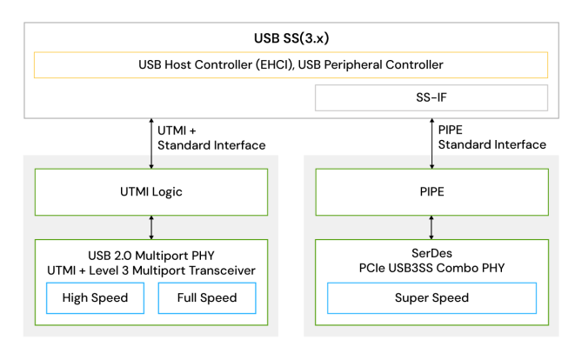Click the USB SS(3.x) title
pyautogui.click(x=291, y=40)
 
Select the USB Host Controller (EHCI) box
pyautogui.click(x=291, y=65)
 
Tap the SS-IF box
pyautogui.click(x=431, y=97)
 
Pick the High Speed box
pyautogui.click(x=95, y=297)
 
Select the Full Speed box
pyautogui.click(x=208, y=297)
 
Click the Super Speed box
pyautogui.click(x=431, y=297)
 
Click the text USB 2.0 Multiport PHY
pyautogui.click(x=152, y=255)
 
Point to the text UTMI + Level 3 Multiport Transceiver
pyautogui.click(x=152, y=270)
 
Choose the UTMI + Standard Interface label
pyautogui.click(x=211, y=137)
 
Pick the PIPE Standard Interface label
pyautogui.click(x=492, y=137)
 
